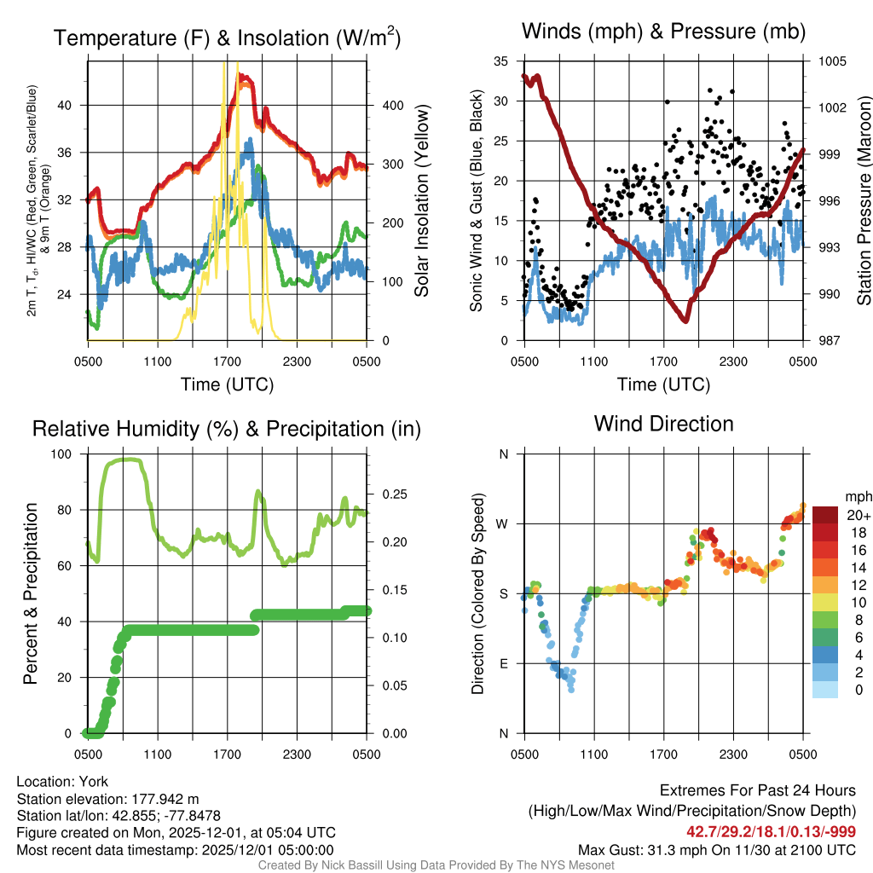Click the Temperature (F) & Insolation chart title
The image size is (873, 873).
click(227, 38)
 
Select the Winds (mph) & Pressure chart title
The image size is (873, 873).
click(663, 32)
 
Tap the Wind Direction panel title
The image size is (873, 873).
click(663, 424)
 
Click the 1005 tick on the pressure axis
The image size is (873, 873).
click(831, 61)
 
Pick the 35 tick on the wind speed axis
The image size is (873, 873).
click(501, 61)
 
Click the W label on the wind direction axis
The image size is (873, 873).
click(503, 523)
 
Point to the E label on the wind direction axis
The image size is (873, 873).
click(504, 663)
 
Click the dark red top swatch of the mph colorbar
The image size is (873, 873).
click(825, 515)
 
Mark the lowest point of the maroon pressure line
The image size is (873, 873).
click(685, 320)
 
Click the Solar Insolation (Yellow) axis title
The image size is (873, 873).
click(421, 201)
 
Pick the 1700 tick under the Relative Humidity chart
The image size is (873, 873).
click(228, 753)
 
